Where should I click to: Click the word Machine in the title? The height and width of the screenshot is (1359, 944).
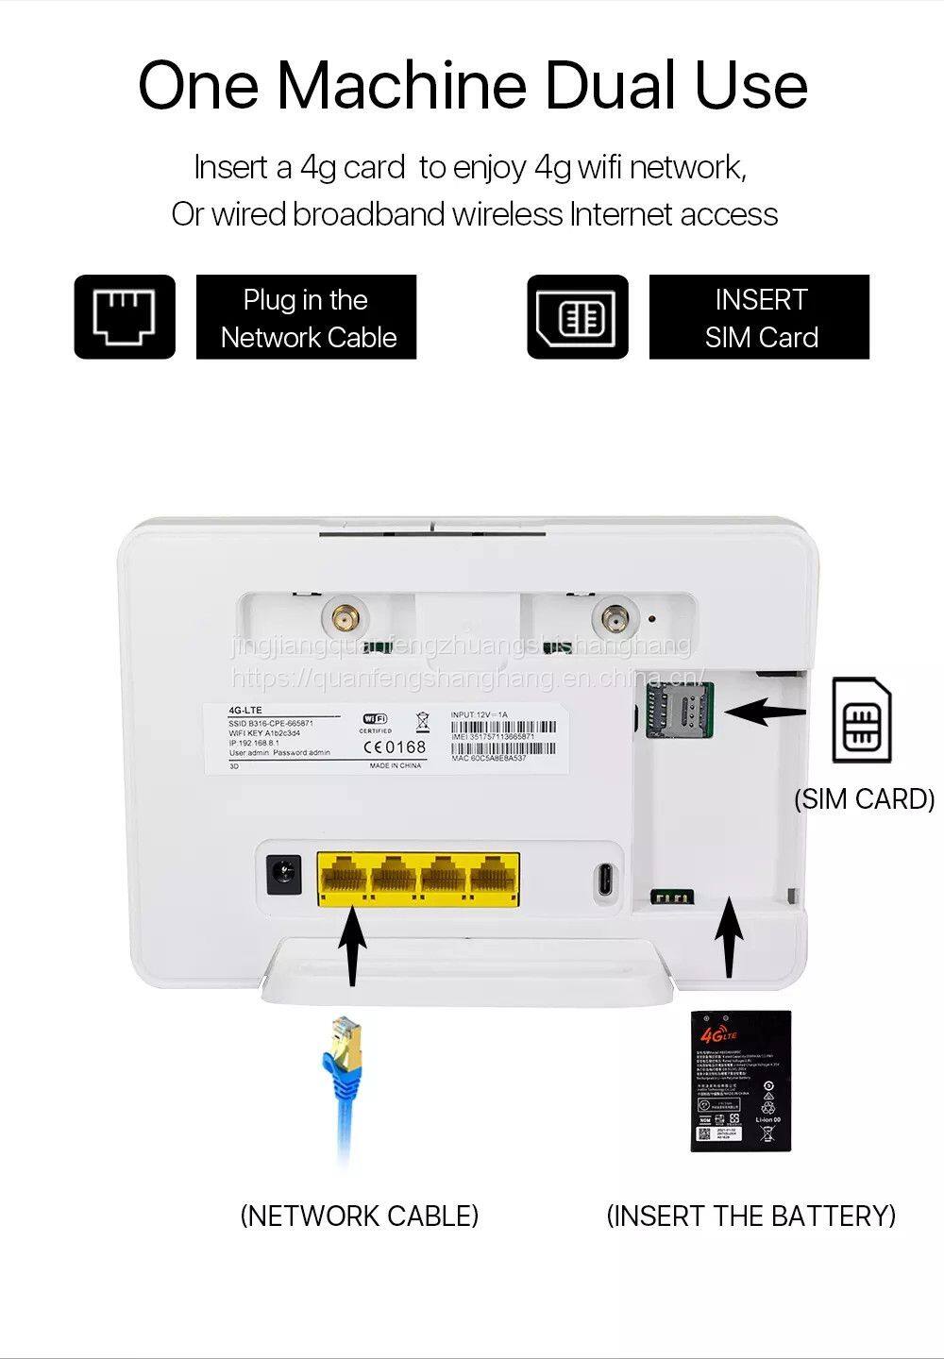pos(401,85)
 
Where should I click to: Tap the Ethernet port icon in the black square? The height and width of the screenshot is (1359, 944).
pos(125,316)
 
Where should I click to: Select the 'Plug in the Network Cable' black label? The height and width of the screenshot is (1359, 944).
pos(306,317)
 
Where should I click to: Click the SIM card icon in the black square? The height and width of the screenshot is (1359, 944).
pos(577,317)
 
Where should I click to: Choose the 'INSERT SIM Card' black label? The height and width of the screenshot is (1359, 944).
pos(759,317)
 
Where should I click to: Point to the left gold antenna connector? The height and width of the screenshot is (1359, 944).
pos(342,620)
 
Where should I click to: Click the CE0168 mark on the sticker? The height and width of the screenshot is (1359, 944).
pos(395,747)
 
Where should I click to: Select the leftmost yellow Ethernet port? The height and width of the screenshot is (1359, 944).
pos(344,879)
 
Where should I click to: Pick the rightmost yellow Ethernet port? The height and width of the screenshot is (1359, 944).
pos(493,879)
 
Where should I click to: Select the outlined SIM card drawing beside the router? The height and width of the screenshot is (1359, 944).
pos(861,720)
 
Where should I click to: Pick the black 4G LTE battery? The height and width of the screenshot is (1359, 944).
pos(739,1081)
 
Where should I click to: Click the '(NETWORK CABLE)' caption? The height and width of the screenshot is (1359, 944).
pos(360,1216)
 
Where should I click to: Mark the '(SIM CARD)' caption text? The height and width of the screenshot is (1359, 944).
pos(864,799)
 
